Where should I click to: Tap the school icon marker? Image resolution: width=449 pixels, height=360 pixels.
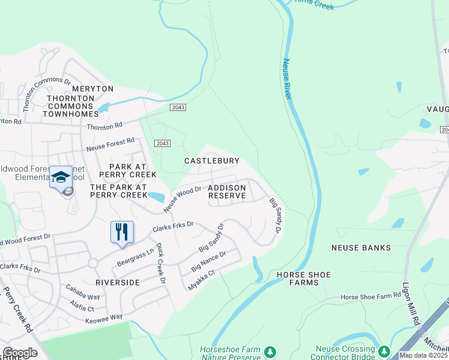click(61, 177)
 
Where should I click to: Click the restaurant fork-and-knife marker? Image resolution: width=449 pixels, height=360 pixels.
click(122, 231)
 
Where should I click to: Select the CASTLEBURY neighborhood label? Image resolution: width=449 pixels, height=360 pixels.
click(212, 161)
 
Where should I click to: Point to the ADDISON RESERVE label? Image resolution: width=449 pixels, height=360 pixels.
click(227, 192)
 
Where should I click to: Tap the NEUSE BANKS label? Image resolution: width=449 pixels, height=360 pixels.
click(361, 247)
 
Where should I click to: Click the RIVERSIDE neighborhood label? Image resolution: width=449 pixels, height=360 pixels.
click(118, 282)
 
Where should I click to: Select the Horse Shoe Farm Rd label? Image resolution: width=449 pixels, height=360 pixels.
click(370, 296)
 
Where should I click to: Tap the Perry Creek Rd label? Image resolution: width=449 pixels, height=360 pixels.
click(19, 311)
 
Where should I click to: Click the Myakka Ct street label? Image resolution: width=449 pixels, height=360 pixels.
click(201, 280)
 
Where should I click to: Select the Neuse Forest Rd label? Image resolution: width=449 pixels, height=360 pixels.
click(110, 144)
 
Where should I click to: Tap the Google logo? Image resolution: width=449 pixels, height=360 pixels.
click(20, 353)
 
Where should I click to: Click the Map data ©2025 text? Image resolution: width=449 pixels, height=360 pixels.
click(424, 355)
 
